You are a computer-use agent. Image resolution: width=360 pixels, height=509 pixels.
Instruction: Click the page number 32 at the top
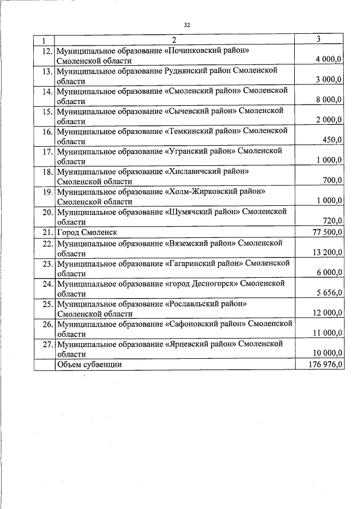187,25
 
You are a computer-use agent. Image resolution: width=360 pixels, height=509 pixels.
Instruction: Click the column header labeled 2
174,40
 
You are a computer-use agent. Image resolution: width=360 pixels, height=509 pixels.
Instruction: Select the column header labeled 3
319,39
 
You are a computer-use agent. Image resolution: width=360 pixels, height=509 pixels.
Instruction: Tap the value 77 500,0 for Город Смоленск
327,232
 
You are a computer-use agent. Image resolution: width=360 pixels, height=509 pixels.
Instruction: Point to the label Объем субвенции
89,364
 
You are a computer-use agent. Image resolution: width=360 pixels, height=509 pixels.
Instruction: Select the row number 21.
47,232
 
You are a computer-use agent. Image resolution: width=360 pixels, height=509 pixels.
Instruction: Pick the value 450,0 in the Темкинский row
331,141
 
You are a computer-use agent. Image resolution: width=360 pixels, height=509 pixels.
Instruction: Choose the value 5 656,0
329,294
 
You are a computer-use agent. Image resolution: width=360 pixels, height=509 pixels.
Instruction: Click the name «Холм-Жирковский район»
215,191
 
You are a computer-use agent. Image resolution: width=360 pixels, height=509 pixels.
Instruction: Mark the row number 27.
47,343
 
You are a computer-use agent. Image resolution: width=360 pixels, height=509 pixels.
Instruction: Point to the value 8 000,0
329,101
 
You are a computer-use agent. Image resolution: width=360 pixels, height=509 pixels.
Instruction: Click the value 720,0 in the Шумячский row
331,221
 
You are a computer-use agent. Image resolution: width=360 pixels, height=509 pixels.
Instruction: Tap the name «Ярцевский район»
201,343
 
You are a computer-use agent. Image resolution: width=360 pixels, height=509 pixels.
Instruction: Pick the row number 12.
47,51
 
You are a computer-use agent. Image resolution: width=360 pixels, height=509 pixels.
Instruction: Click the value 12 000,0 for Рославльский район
327,313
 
